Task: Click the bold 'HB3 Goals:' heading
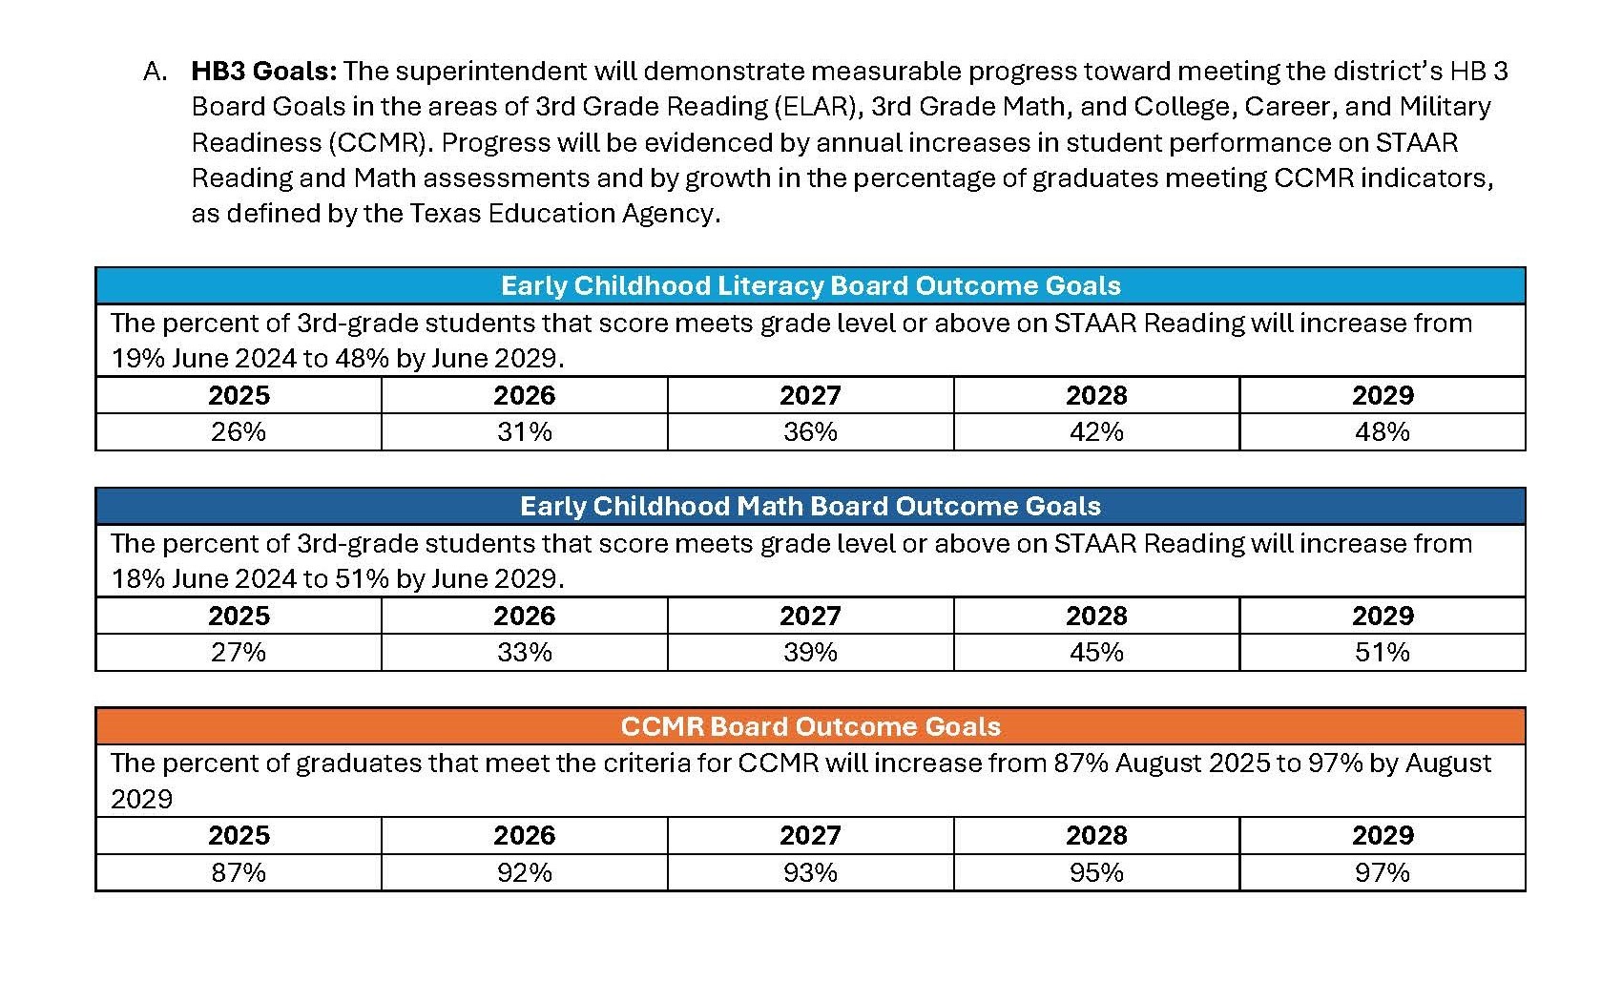point(264,71)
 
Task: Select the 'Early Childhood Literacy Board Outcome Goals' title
point(810,285)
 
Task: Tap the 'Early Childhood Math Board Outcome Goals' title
point(810,506)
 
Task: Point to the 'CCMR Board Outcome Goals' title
point(810,726)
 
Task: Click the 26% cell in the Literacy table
point(239,431)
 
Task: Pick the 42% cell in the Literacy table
point(1096,431)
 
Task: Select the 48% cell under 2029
point(1383,431)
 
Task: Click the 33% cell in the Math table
point(524,652)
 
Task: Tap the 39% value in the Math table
point(810,652)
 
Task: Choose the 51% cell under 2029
point(1383,652)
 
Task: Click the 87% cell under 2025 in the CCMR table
point(239,872)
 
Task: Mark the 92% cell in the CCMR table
point(524,872)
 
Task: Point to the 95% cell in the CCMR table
point(1096,872)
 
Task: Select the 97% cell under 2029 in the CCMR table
point(1383,872)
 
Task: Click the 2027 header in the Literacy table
point(810,395)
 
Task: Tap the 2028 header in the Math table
point(1096,616)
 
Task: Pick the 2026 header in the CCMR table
point(524,835)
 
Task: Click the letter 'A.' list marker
point(156,71)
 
